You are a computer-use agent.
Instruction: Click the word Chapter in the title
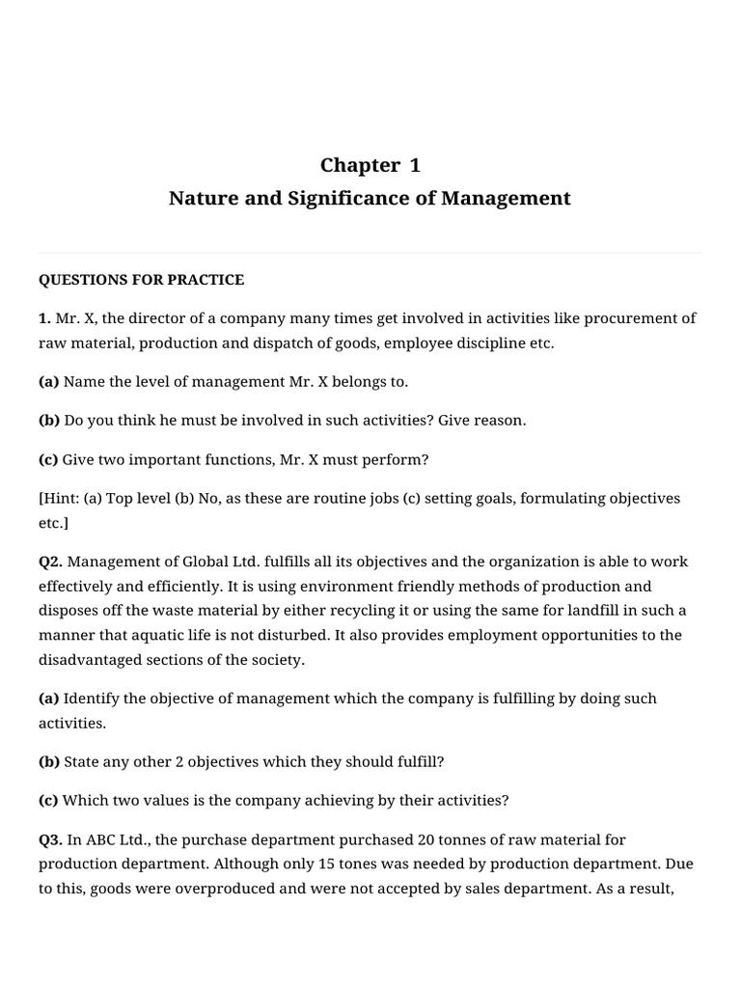coord(359,165)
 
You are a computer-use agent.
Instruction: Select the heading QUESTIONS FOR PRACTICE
coord(141,280)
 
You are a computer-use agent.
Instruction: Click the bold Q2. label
coord(51,562)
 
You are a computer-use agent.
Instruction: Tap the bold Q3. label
coord(51,839)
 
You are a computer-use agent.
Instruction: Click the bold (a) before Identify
coord(48,698)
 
